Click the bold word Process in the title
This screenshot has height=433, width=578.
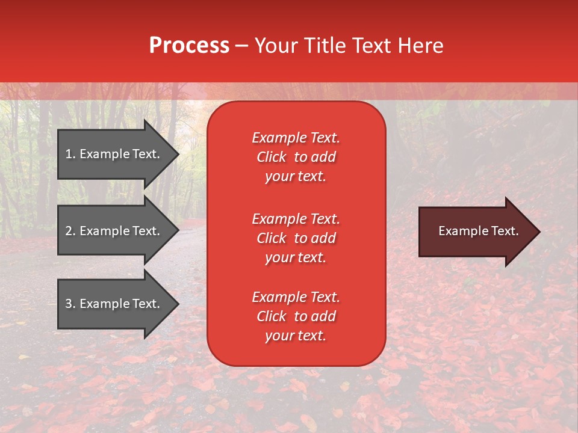coord(189,46)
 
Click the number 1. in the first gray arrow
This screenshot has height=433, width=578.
coord(70,154)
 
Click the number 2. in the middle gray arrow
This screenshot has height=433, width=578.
coord(70,231)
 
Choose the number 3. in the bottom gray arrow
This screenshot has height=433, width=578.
coord(70,304)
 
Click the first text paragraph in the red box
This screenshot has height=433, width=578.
coord(296,157)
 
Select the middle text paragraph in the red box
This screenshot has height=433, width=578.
coord(296,238)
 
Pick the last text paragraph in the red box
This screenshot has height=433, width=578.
coord(296,316)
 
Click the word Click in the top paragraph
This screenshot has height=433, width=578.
coord(271,157)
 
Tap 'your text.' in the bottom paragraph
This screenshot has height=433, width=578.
coord(296,336)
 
